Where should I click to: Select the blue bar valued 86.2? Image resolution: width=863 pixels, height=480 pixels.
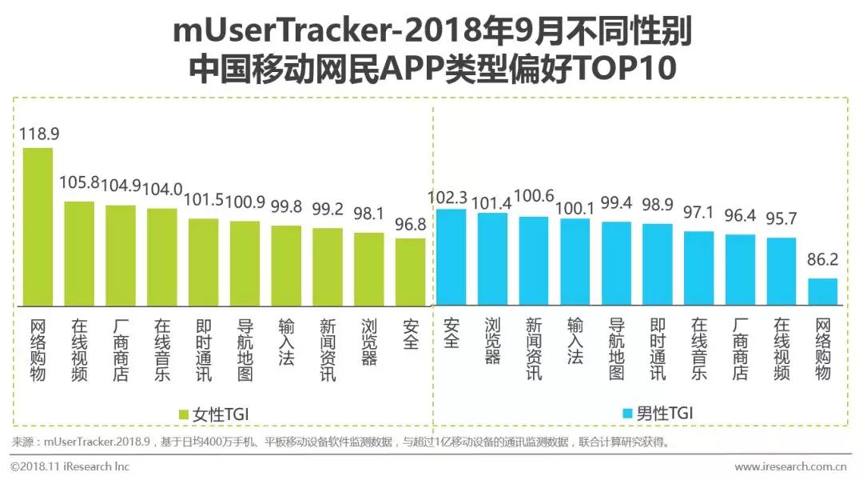pos(823,291)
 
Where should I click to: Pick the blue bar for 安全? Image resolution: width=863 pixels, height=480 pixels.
pos(451,257)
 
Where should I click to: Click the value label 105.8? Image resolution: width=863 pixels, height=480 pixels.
pos(79,182)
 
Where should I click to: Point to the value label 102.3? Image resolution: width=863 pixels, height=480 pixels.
pos(451,197)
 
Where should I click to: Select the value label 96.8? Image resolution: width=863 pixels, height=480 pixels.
pos(410,226)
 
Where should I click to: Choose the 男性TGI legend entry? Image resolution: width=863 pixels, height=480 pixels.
pos(657,413)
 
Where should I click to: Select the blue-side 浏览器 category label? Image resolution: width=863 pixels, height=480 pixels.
pos(492,342)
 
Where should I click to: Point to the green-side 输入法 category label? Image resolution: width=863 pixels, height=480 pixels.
pos(286,342)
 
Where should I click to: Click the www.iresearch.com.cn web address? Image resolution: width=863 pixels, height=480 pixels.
pos(790,466)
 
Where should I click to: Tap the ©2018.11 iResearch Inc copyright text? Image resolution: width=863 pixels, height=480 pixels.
pos(70,466)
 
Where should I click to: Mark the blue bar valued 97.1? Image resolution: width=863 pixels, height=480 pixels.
pos(699,268)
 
